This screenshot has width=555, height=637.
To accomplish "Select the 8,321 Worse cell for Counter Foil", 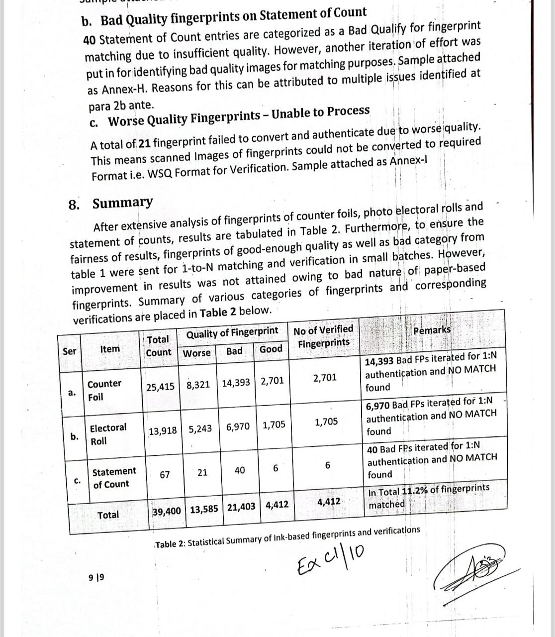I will [198, 385].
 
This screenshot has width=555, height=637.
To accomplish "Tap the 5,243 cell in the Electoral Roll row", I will [200, 428].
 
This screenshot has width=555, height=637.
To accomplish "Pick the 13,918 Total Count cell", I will [163, 430].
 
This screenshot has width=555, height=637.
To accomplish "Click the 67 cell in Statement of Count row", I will [165, 475].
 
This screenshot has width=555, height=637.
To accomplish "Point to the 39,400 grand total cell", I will [167, 511].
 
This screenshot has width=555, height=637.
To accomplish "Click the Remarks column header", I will [432, 330].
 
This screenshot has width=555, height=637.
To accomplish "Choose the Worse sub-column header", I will [197, 353].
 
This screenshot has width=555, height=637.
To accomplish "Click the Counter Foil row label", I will [104, 390].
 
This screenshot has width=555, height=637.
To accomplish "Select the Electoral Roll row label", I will [108, 434].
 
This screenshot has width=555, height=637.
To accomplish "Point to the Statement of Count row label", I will [114, 477].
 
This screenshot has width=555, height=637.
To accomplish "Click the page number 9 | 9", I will [96, 577].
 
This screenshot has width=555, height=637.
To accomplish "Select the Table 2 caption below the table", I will [287, 537].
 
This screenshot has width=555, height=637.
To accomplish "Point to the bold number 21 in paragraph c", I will [144, 143].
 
